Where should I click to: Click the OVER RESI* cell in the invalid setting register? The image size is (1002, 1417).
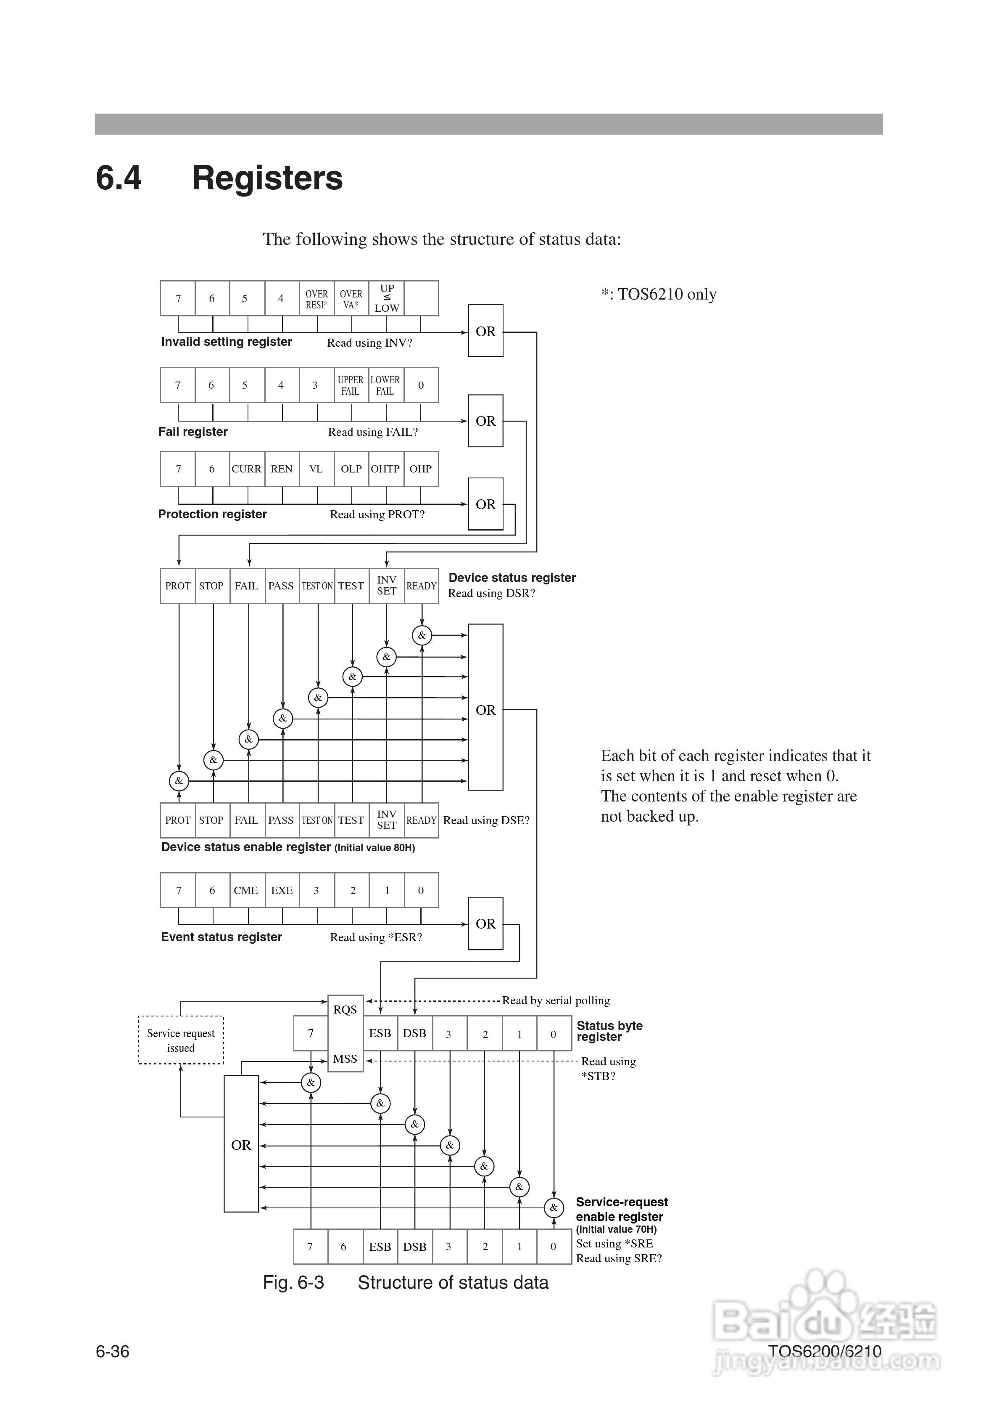(x=316, y=299)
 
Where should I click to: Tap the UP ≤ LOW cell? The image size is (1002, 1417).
(x=387, y=298)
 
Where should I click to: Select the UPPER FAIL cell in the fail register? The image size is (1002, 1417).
(x=351, y=385)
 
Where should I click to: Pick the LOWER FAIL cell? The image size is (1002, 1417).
(x=385, y=385)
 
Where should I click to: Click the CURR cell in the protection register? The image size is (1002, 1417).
(x=247, y=469)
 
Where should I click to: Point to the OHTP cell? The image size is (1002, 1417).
(x=385, y=469)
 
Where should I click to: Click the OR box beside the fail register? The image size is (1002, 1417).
(x=485, y=421)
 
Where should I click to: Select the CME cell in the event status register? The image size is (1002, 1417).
(x=245, y=890)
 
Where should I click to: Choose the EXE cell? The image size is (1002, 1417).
(x=282, y=890)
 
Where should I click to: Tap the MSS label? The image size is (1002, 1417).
(x=345, y=1059)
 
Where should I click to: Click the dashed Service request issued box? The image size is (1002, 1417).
(x=181, y=1040)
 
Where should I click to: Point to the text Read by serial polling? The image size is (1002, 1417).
(x=556, y=1001)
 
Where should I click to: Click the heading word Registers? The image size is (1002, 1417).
(x=267, y=178)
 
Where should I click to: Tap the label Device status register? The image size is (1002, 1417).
(x=512, y=578)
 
